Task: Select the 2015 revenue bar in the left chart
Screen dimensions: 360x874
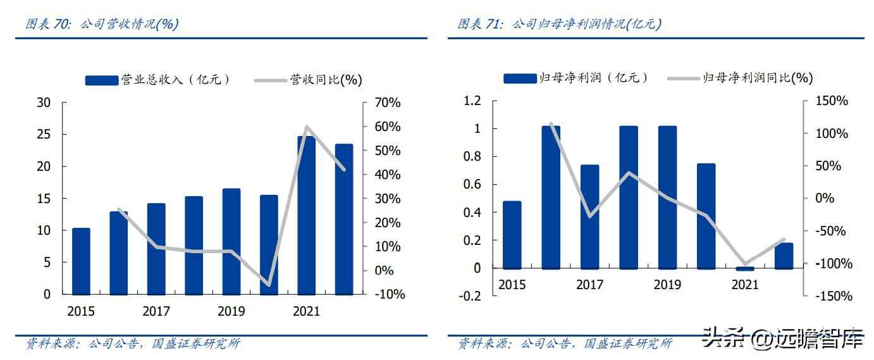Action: [x=81, y=261]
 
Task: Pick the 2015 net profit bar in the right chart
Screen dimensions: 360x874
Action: [x=512, y=235]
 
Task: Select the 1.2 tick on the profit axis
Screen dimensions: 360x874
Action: [x=472, y=101]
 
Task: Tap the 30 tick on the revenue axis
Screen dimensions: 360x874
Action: [x=44, y=102]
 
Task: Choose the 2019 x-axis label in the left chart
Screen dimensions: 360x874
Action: [x=231, y=311]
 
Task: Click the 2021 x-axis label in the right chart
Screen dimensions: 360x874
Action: [x=745, y=285]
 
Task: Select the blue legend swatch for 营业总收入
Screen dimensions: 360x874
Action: [x=102, y=80]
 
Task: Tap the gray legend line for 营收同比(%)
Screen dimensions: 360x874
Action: [x=271, y=80]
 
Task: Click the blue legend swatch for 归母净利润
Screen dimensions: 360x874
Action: [x=520, y=78]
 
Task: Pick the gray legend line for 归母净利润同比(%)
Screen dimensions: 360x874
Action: [x=684, y=78]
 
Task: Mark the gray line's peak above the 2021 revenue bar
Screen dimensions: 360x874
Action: [x=307, y=127]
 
